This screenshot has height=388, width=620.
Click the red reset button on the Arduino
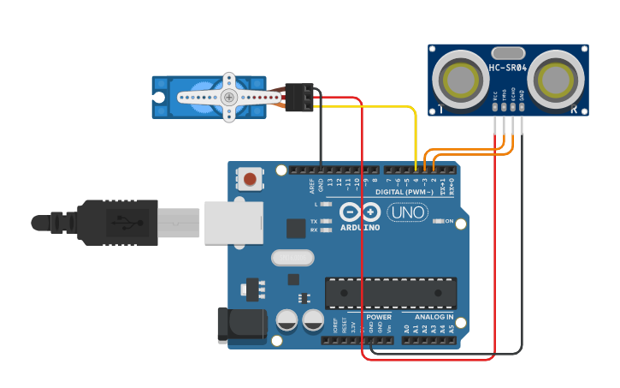pyautogui.click(x=249, y=179)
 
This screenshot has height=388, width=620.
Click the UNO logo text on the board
pyautogui.click(x=408, y=212)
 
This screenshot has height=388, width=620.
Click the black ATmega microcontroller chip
pyautogui.click(x=390, y=293)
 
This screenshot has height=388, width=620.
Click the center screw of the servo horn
pyautogui.click(x=228, y=97)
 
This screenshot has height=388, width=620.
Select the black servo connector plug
pyautogui.click(x=299, y=97)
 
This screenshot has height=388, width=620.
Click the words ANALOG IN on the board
pyautogui.click(x=434, y=317)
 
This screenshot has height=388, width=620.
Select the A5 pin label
pyautogui.click(x=452, y=328)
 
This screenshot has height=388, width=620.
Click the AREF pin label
pyautogui.click(x=311, y=184)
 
